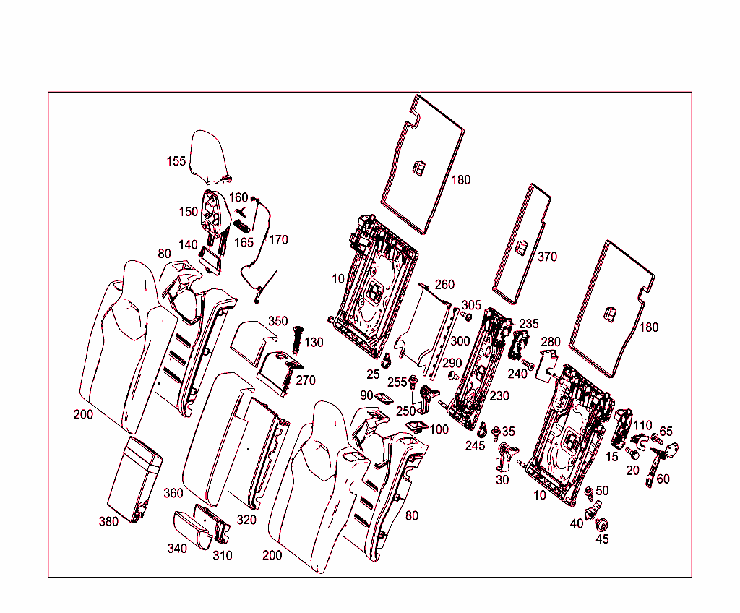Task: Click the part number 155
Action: point(176,161)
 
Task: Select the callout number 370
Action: point(547,257)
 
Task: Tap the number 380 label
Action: point(108,522)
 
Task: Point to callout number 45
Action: point(602,539)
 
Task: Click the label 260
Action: point(445,284)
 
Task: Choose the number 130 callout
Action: point(314,342)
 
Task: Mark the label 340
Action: point(177,549)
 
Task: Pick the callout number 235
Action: point(529,324)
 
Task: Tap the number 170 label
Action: point(278,239)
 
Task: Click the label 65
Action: point(666,432)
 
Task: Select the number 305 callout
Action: point(471,305)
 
